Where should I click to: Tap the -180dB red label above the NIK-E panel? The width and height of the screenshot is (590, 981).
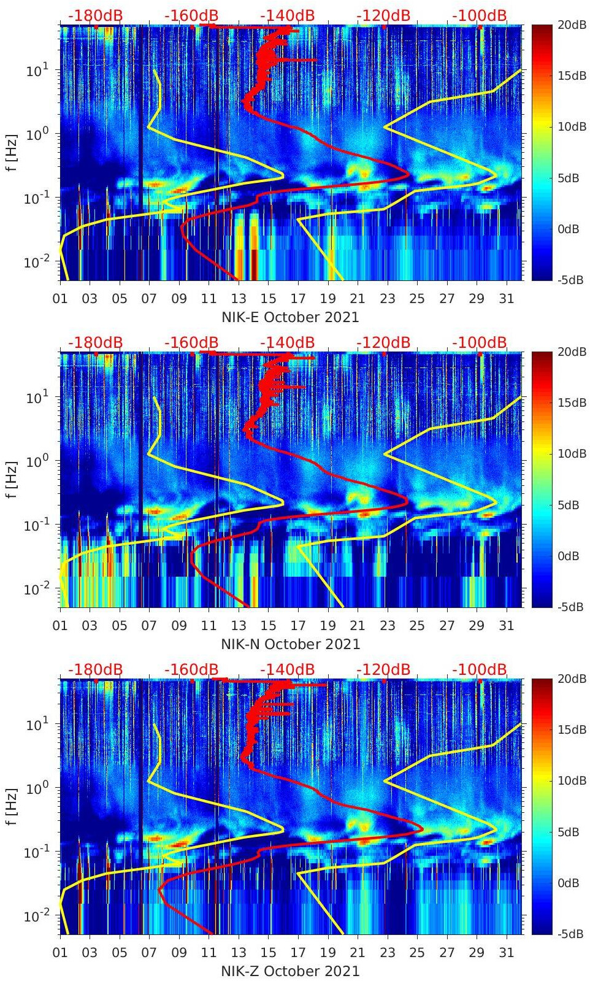[x=95, y=15]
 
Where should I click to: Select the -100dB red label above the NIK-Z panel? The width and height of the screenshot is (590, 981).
[x=480, y=669]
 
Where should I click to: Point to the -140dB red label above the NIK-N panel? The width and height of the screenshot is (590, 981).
[x=287, y=342]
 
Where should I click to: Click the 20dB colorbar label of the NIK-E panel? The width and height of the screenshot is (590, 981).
[x=568, y=25]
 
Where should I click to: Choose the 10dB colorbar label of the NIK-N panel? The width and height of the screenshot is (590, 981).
[x=568, y=454]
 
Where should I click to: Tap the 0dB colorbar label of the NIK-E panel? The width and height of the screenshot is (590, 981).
[x=568, y=229]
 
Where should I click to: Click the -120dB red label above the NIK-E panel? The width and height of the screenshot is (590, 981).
[x=383, y=15]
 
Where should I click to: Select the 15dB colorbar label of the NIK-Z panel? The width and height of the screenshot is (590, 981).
[x=568, y=729]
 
